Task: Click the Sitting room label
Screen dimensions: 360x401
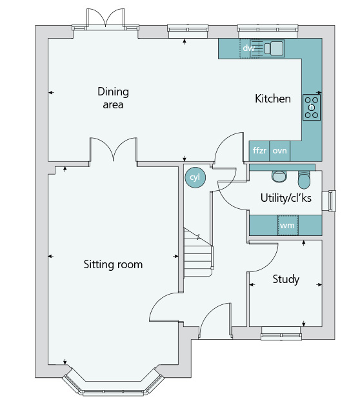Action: [x=113, y=264]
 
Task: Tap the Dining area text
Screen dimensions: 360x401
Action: [x=113, y=98]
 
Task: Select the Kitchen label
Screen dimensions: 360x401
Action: [x=273, y=99]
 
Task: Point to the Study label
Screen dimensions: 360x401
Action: [x=286, y=279]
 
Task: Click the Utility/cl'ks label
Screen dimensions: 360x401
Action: [x=286, y=198]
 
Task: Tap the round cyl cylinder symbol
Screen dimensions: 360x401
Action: [x=195, y=177]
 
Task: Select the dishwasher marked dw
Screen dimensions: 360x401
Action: [x=245, y=48]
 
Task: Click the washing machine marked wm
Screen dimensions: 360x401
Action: [x=288, y=225]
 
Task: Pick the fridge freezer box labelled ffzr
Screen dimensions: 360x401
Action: [x=259, y=151]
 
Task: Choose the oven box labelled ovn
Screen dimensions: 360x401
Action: [x=279, y=151]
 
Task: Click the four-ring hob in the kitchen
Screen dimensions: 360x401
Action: [x=312, y=108]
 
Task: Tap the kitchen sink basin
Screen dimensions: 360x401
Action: [x=276, y=48]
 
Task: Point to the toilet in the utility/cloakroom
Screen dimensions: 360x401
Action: [x=304, y=179]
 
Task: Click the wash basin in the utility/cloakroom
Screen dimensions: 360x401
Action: [x=279, y=176]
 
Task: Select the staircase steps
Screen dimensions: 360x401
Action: [x=198, y=253]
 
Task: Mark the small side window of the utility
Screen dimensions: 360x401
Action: [x=329, y=200]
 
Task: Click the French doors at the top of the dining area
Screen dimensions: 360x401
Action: [x=105, y=18]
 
